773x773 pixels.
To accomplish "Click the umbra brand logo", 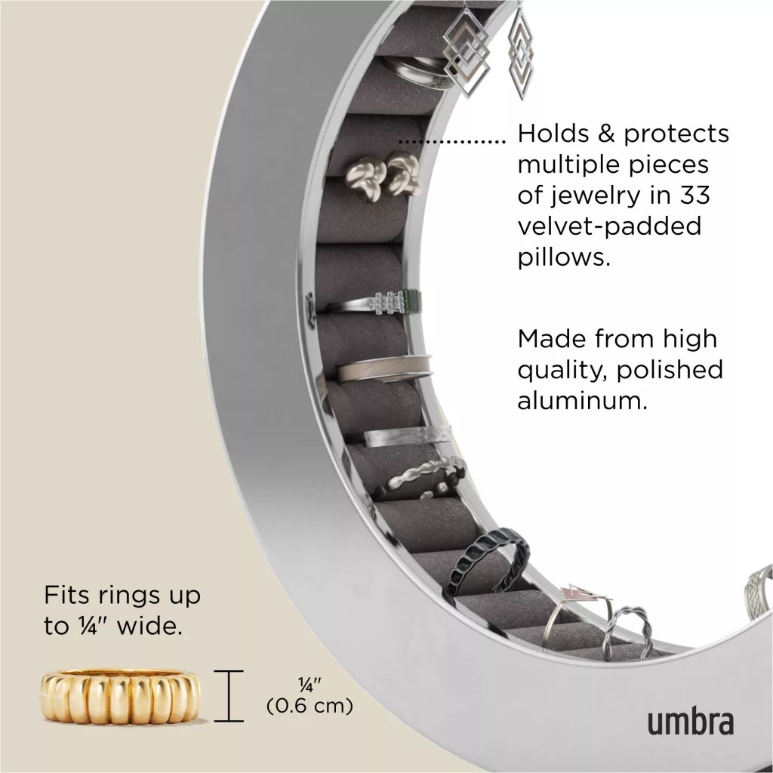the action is click(x=690, y=722).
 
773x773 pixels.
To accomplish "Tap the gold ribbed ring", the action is click(x=120, y=697).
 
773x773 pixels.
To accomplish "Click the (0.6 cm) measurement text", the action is click(x=310, y=706).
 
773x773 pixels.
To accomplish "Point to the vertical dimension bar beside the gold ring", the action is click(x=229, y=695).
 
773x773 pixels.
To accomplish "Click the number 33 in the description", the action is click(x=694, y=196).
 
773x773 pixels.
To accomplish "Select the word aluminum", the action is click(x=582, y=401).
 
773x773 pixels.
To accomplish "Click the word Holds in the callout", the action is click(x=553, y=133).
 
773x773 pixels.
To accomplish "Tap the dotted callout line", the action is click(x=452, y=142).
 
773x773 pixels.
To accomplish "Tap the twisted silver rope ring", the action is click(x=627, y=633).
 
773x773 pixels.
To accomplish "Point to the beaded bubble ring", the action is click(x=420, y=478).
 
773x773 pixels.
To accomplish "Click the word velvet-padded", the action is click(x=609, y=226).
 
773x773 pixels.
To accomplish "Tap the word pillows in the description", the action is click(x=564, y=257).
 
